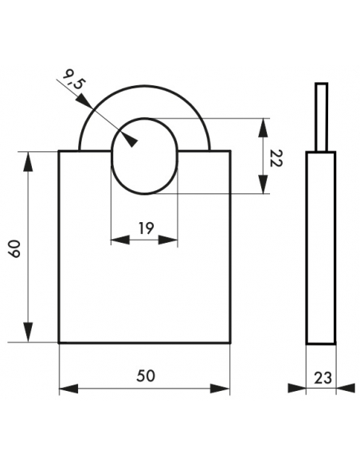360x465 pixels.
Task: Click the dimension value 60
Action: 14,248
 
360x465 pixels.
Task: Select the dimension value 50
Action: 146,376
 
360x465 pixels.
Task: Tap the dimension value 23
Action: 323,378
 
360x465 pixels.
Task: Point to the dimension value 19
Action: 147,228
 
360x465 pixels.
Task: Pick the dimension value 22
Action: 276,158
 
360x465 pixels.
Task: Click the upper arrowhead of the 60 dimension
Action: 28,162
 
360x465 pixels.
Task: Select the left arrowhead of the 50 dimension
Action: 68,389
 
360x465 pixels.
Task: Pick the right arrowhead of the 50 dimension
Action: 221,389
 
